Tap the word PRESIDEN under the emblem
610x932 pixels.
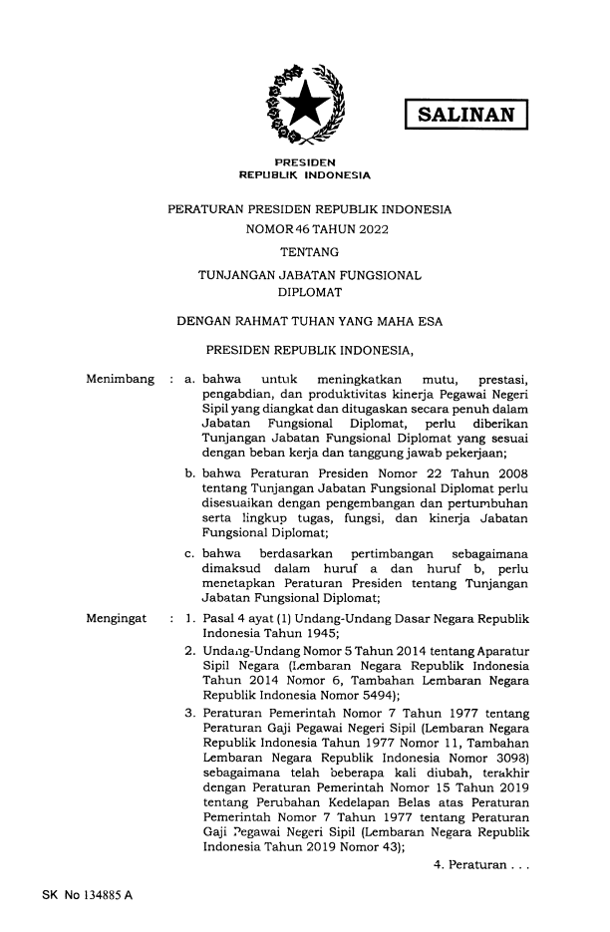click(305, 161)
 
